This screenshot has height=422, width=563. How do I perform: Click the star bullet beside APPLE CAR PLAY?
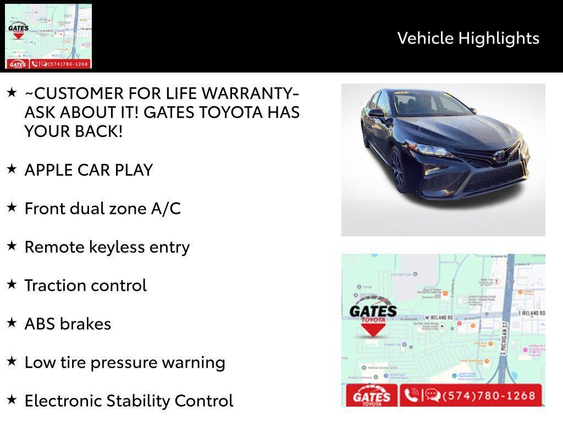pyautogui.click(x=12, y=169)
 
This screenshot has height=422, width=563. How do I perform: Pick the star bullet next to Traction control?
pyautogui.click(x=12, y=284)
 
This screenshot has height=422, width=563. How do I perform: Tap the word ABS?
pyautogui.click(x=41, y=324)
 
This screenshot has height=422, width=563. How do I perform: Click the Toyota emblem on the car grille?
pyautogui.click(x=499, y=156)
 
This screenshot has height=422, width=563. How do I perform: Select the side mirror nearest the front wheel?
pyautogui.click(x=376, y=113)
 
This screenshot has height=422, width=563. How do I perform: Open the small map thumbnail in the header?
pyautogui.click(x=48, y=36)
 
